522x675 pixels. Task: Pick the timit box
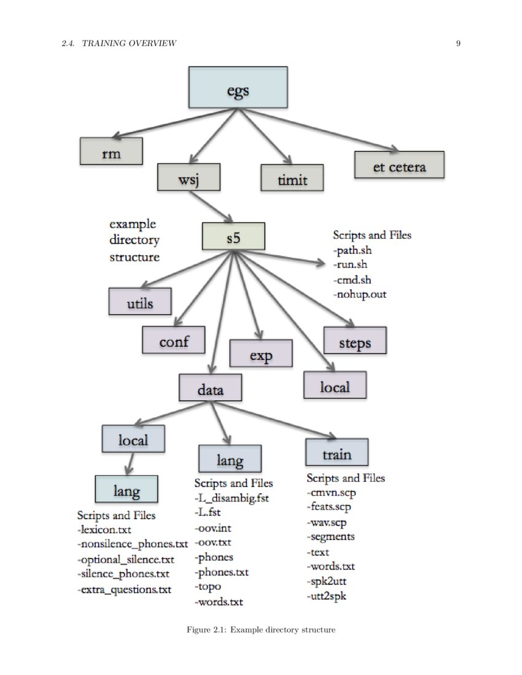pyautogui.click(x=292, y=179)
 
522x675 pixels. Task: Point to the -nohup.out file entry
pyautogui.click(x=359, y=295)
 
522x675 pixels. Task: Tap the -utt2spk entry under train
pyautogui.click(x=327, y=595)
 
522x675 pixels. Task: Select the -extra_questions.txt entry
pyautogui.click(x=124, y=589)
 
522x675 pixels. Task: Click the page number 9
pyautogui.click(x=458, y=43)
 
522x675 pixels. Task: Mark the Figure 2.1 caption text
pyautogui.click(x=261, y=630)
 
